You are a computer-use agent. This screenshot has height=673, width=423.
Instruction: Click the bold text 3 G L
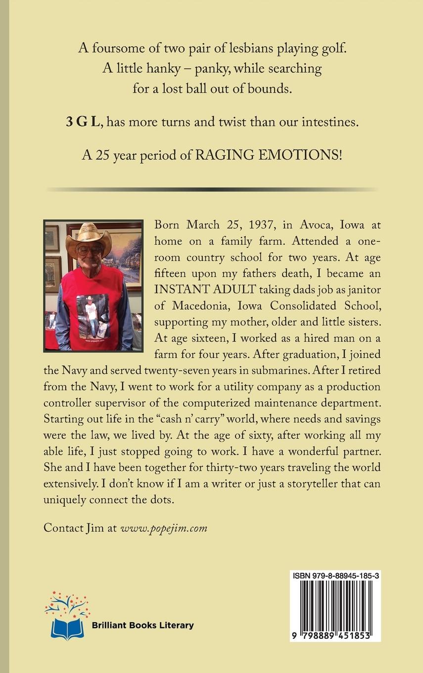click(83, 122)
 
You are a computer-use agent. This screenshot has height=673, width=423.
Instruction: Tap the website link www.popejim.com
click(164, 528)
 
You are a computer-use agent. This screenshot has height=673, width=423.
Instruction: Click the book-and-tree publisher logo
click(67, 616)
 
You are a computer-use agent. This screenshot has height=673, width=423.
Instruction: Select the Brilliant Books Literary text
click(142, 625)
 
